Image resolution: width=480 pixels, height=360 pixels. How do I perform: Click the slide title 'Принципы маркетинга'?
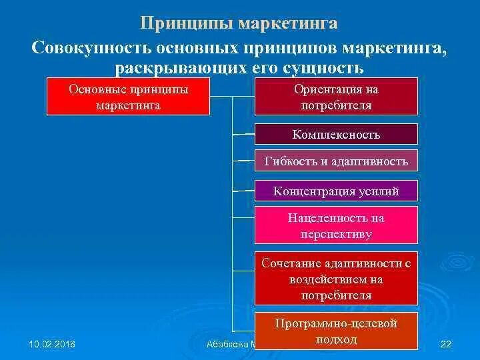click(239, 23)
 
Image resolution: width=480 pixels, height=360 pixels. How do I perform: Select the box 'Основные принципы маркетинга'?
click(128, 97)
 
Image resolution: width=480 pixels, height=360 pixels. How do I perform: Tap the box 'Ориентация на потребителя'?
click(336, 97)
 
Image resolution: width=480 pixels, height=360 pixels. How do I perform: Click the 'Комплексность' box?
click(336, 135)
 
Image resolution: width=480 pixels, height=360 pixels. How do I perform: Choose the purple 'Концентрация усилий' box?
click(336, 191)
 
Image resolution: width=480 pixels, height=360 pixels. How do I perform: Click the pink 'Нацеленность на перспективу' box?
click(336, 225)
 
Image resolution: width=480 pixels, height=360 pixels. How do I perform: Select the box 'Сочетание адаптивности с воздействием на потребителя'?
click(336, 279)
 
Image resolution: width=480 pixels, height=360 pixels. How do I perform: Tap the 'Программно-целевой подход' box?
click(336, 331)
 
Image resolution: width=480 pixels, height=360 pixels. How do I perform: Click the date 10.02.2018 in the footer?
click(52, 344)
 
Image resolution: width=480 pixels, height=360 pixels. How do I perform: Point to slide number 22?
click(447, 344)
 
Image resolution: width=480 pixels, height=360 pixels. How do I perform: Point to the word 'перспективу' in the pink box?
click(336, 234)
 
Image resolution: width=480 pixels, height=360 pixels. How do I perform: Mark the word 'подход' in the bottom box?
click(336, 339)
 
